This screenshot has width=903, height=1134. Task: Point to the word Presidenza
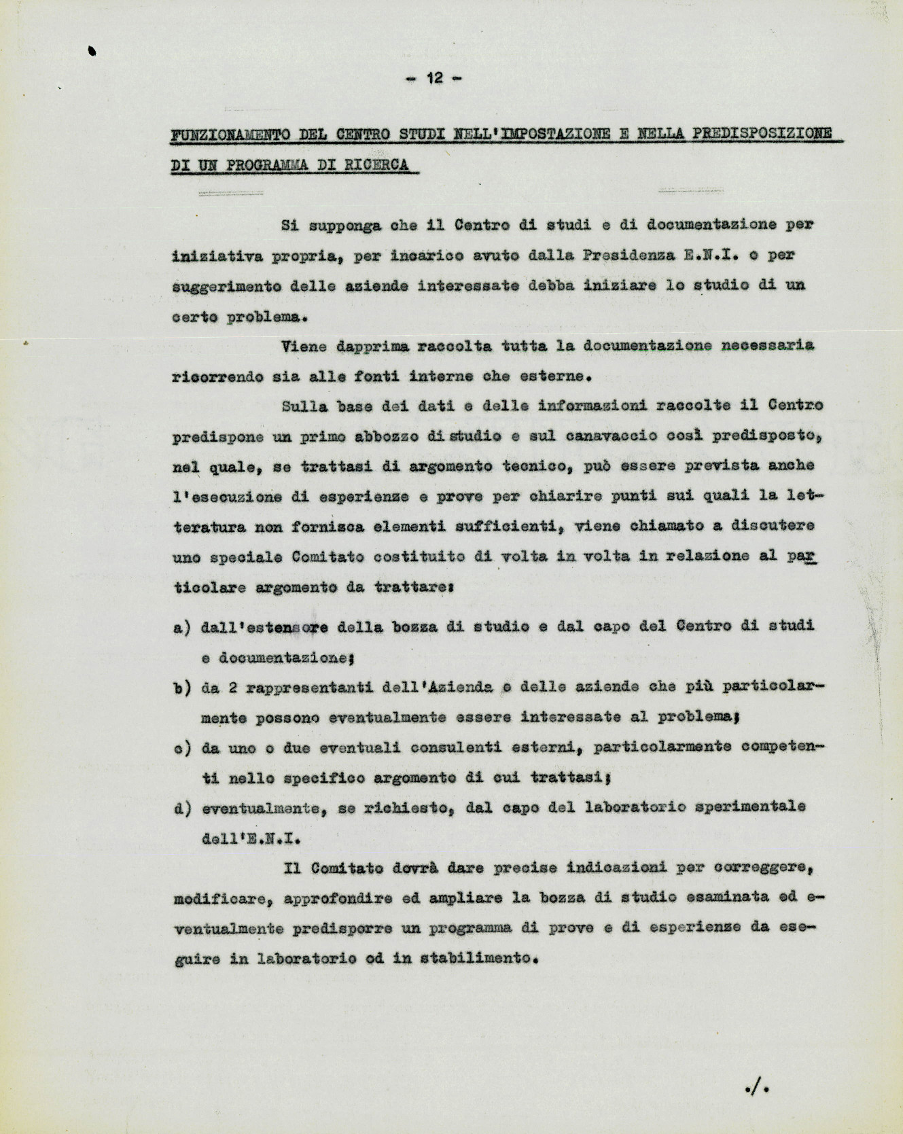pyautogui.click(x=628, y=255)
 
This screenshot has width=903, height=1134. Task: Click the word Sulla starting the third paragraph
pyautogui.click(x=304, y=406)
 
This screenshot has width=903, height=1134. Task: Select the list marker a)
pyautogui.click(x=181, y=628)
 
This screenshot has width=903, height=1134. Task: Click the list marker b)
pyautogui.click(x=181, y=688)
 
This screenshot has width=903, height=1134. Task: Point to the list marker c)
pyautogui.click(x=181, y=749)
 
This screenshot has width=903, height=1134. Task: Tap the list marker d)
pyautogui.click(x=181, y=809)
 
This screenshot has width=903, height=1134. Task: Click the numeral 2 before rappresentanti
pyautogui.click(x=232, y=688)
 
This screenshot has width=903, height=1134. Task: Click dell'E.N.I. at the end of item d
pyautogui.click(x=251, y=838)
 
